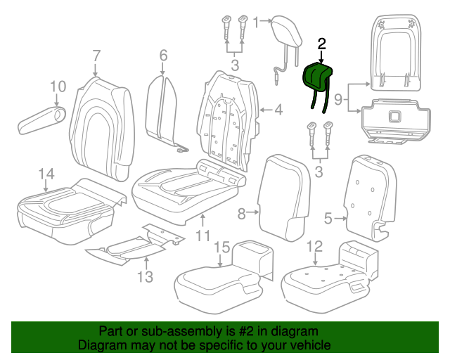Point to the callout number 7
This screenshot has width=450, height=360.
click(96, 56)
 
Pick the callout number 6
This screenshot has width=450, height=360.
click(163, 56)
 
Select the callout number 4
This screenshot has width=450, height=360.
click(278, 110)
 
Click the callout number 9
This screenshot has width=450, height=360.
click(338, 101)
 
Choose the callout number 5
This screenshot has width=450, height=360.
click(328, 219)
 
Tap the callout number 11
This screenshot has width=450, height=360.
click(202, 236)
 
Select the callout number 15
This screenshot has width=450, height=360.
click(221, 247)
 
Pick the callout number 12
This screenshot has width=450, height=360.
click(314, 247)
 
